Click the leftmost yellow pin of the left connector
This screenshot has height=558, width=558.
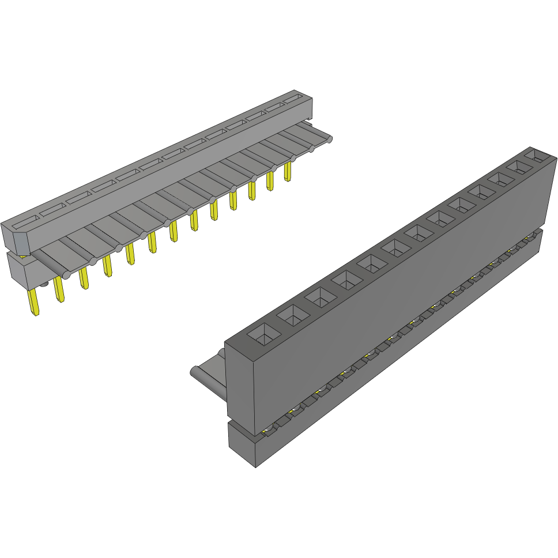click(34, 302)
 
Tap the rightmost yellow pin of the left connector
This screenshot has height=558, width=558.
click(288, 172)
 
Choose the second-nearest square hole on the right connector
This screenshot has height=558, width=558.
click(292, 316)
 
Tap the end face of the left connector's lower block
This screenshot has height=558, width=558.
click(17, 271)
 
